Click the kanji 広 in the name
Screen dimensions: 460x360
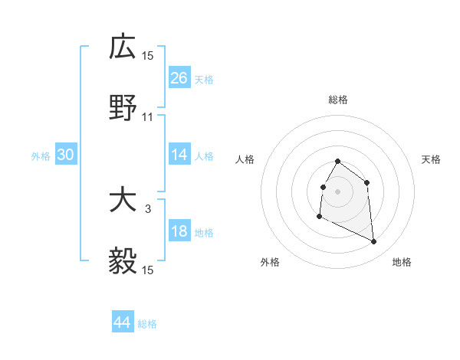point(123,47)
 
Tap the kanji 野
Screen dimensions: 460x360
point(123,110)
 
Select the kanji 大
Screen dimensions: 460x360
point(123,201)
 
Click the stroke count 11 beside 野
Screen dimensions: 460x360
point(148,117)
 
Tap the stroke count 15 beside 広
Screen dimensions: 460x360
point(148,55)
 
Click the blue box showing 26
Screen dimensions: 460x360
point(179,78)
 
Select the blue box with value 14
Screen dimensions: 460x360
point(179,155)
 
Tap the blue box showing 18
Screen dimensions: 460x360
point(179,231)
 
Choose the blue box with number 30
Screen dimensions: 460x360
point(66,155)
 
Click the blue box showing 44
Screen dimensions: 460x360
point(123,322)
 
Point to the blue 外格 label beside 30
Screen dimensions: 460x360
point(41,155)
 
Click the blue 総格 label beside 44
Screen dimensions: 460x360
point(147,323)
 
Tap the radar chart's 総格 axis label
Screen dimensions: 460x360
point(337,100)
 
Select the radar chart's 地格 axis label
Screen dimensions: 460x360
point(402,262)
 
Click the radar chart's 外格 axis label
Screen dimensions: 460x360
point(270,262)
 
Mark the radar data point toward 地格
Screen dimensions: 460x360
point(374,242)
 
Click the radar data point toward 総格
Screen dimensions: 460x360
point(337,162)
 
